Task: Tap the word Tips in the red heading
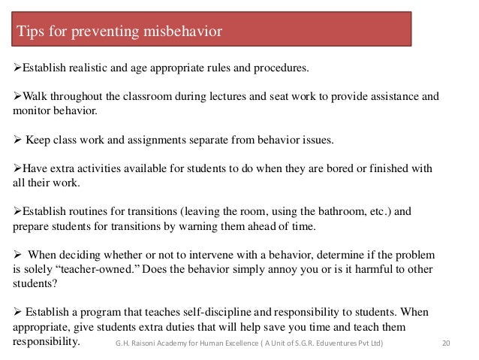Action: tap(31, 31)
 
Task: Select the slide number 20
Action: tap(446, 344)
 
